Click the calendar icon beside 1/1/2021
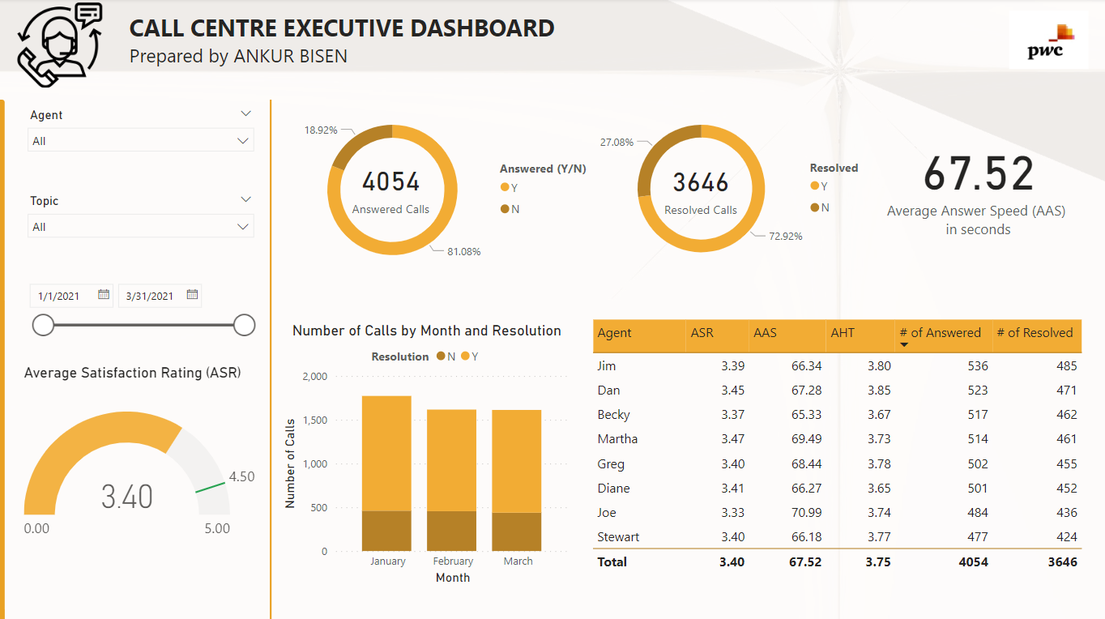tap(104, 295)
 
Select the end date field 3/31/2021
tap(150, 296)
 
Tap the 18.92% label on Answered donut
tap(321, 130)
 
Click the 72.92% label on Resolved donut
tap(785, 237)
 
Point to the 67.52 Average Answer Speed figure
tap(979, 173)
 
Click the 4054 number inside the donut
tap(391, 181)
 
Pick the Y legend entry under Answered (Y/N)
tap(510, 187)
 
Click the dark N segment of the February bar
tap(452, 531)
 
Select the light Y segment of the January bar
tap(386, 454)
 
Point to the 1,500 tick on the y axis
tap(314, 420)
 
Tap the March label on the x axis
tap(518, 561)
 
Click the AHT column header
tap(843, 333)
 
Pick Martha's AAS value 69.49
tap(807, 439)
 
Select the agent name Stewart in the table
tap(618, 537)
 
